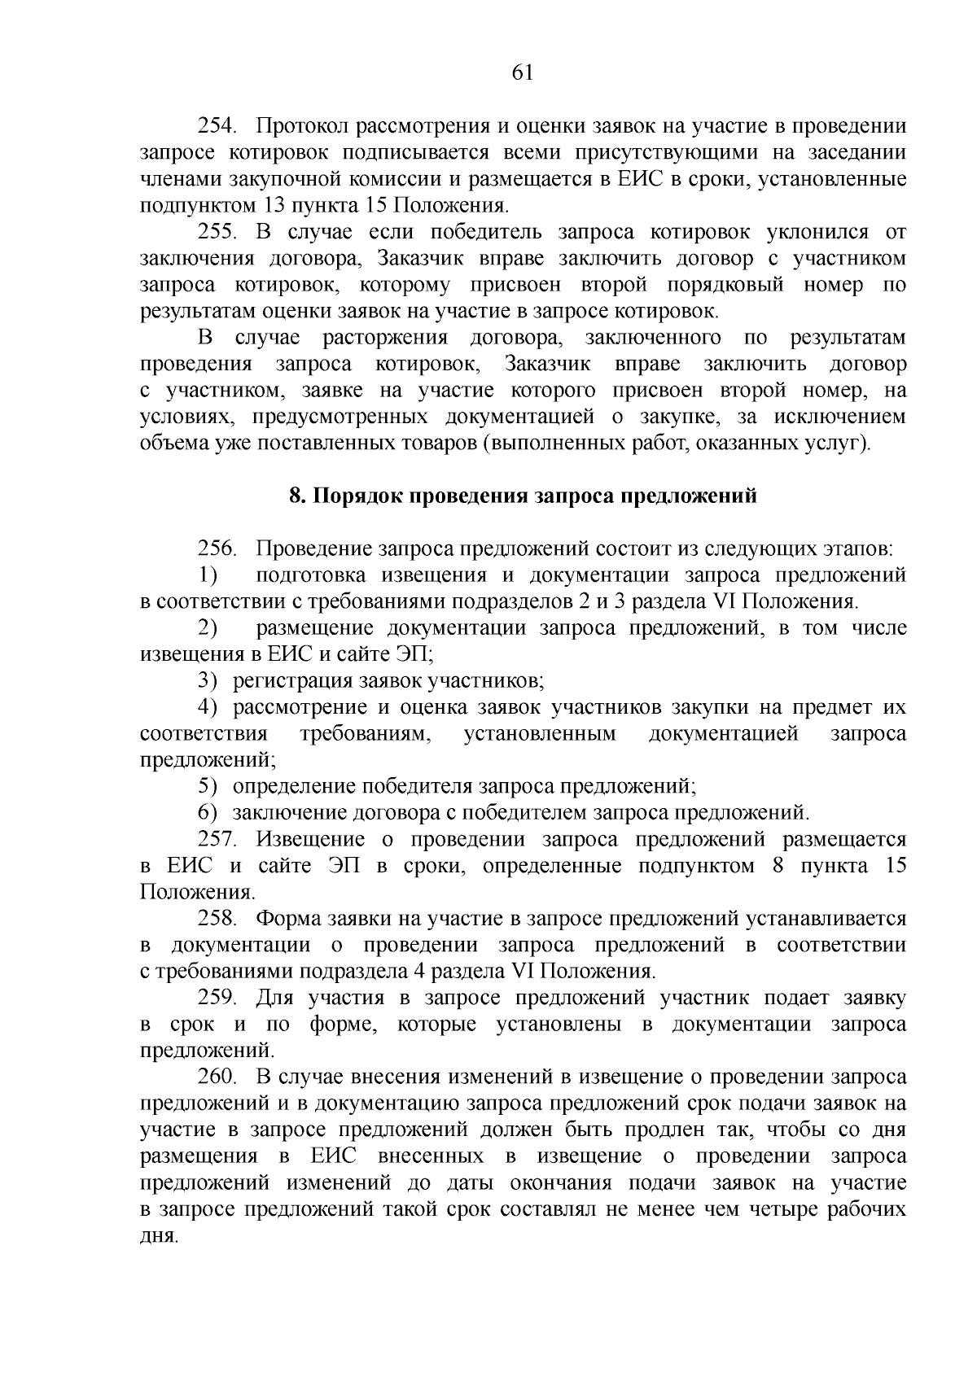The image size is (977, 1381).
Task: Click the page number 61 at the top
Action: (522, 73)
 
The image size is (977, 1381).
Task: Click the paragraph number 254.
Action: (217, 126)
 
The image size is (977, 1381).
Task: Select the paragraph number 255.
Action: (217, 232)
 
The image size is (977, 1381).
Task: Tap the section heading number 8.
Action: (297, 496)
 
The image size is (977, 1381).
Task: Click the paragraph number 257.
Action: (217, 839)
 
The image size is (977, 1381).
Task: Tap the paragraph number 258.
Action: (217, 919)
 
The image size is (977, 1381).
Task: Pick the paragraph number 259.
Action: (217, 998)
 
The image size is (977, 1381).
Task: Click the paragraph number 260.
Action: (217, 1077)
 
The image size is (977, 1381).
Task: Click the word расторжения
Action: (385, 338)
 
